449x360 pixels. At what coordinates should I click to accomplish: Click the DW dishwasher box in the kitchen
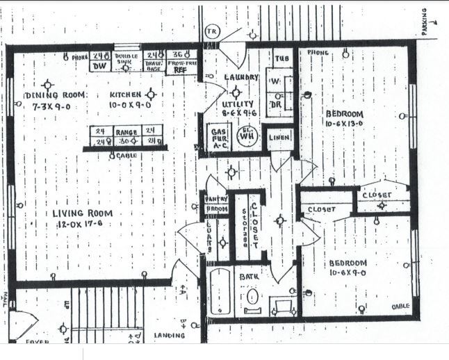(x=101, y=65)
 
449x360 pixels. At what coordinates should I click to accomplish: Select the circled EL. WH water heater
(x=245, y=136)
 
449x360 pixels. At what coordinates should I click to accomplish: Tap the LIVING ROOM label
(x=83, y=213)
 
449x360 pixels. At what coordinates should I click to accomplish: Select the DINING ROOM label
(x=55, y=95)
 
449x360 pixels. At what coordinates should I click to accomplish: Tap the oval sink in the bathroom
(x=252, y=297)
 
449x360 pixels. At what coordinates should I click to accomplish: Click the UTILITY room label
(x=236, y=101)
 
